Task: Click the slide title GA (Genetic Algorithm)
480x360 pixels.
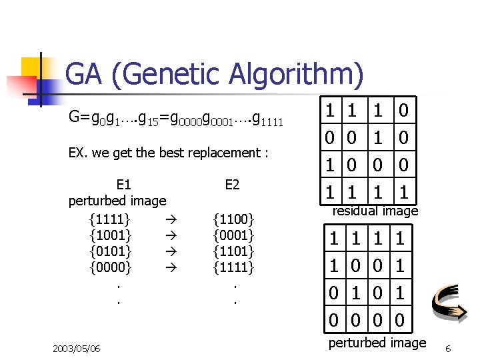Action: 215,74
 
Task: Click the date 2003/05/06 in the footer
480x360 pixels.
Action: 76,348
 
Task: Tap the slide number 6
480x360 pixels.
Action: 448,349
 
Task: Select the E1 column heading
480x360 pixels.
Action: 123,185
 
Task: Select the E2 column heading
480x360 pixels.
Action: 232,185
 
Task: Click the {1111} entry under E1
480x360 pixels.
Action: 110,218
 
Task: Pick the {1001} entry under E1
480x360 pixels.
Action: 110,235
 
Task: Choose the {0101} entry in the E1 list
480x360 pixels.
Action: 110,251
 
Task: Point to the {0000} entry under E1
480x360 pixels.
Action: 110,268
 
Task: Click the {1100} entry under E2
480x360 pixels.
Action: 233,218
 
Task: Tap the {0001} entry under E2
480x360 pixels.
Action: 233,235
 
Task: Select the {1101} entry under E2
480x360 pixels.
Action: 233,251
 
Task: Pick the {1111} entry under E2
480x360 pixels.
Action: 233,268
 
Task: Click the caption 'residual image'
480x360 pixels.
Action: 375,211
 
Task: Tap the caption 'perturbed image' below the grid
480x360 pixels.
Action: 377,343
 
